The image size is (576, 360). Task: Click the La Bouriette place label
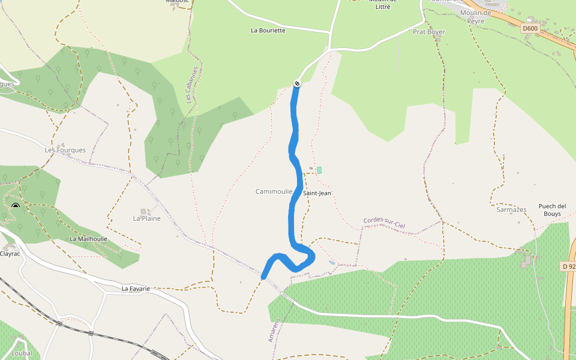[x=268, y=30]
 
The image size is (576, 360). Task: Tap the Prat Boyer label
[x=429, y=32]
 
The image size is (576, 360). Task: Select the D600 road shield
[x=530, y=28]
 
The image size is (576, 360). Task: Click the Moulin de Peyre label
[x=475, y=16]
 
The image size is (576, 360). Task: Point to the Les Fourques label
[x=65, y=150]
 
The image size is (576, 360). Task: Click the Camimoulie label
[x=274, y=191]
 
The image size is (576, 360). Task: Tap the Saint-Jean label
[x=317, y=193]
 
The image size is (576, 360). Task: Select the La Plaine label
[x=147, y=218]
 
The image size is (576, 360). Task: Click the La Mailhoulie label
[x=88, y=239]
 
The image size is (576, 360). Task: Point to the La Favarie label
[x=136, y=289]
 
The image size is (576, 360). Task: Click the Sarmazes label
[x=511, y=210]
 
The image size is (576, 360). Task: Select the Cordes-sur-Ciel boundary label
[x=384, y=223]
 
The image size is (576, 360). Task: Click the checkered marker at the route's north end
[x=296, y=84]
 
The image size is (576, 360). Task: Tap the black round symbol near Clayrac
[x=16, y=208]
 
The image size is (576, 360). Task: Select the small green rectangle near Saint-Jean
[x=319, y=170]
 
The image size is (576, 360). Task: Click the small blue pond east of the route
[x=332, y=263]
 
